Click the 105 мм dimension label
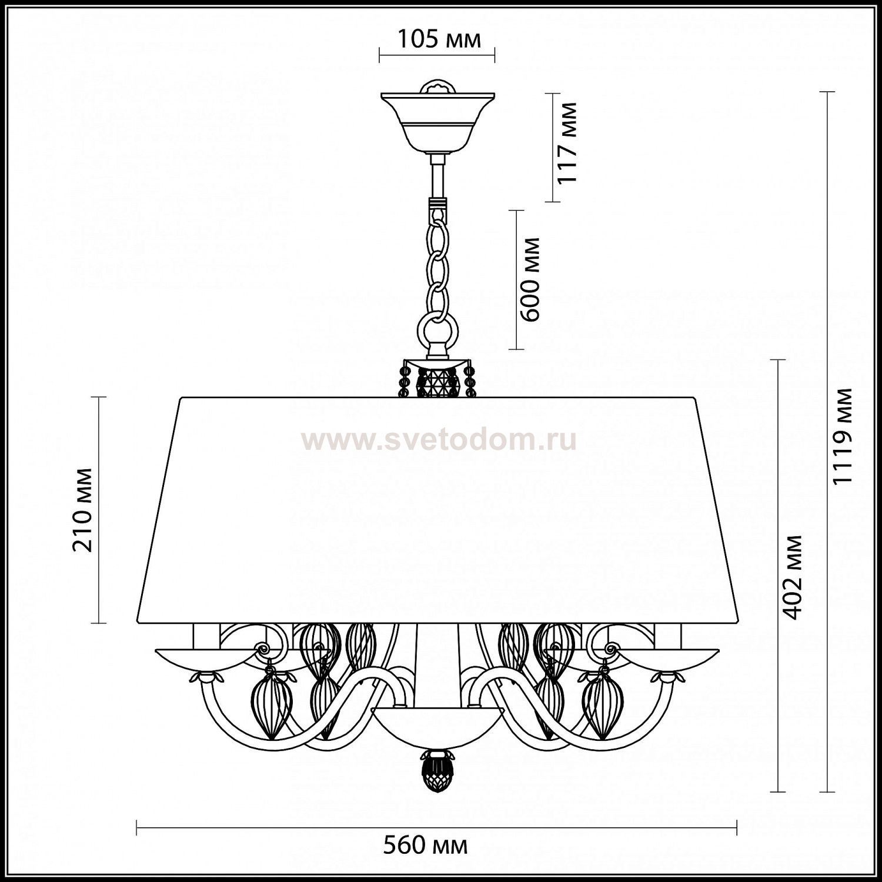pos(439,39)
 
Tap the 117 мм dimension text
pos(567,143)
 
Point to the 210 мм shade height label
pos(82,510)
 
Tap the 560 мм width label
pos(426,846)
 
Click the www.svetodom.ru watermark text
pos(439,440)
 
